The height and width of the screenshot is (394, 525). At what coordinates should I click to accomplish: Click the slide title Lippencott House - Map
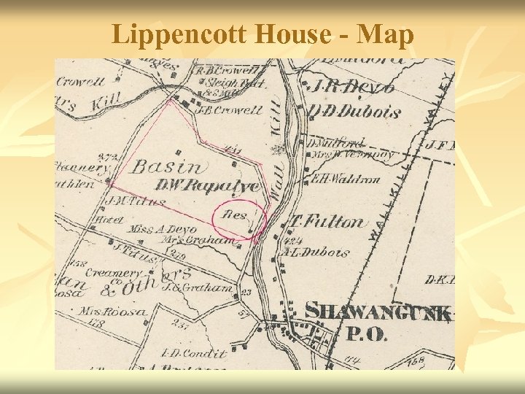click(x=262, y=34)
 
